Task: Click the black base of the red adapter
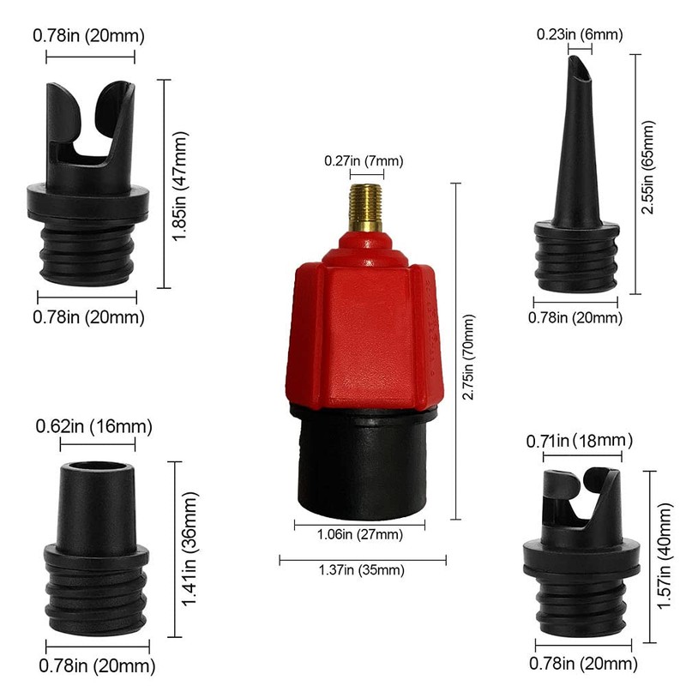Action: pos(360,463)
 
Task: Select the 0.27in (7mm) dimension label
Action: pos(363,160)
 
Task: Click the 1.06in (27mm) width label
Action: pos(359,534)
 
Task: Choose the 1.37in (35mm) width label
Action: pos(362,570)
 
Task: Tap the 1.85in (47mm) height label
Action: pos(179,185)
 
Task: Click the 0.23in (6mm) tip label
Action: pos(580,35)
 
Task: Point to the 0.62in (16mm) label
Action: pos(94,426)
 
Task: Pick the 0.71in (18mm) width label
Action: pos(578,441)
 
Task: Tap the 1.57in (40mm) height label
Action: pos(664,556)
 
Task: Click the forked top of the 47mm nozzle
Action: pos(90,120)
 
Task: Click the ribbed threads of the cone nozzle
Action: pos(576,262)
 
